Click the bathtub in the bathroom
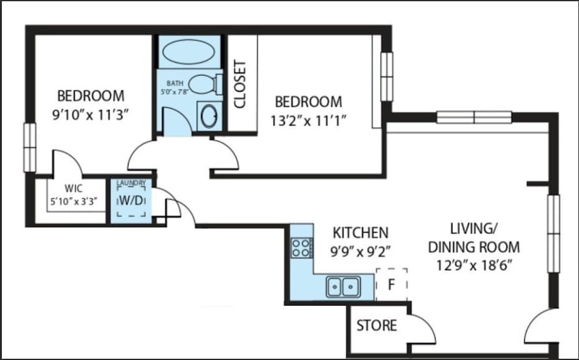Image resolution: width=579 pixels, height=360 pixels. tap(188, 52)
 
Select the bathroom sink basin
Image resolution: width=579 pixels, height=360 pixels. tap(210, 116)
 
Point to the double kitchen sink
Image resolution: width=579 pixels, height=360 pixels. tap(343, 286)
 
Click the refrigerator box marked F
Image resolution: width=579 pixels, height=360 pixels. tap(391, 285)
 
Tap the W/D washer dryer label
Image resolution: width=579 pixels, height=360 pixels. tap(131, 200)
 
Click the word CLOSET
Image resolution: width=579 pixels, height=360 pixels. tap(240, 84)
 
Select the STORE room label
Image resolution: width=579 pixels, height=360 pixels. tap(377, 325)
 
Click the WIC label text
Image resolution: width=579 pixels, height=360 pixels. tap(74, 188)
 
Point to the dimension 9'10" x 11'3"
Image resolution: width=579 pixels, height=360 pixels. tap(90, 115)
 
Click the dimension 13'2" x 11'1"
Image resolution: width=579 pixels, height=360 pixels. tap(308, 120)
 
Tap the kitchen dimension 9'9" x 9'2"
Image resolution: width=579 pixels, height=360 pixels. tap(361, 252)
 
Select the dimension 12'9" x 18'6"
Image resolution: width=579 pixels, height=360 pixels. tap(474, 265)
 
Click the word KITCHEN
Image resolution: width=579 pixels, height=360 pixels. tap(361, 233)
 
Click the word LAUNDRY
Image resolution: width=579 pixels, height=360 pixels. tap(131, 183)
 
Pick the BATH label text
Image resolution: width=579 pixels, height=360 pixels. tap(175, 84)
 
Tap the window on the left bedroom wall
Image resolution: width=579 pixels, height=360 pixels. tap(29, 147)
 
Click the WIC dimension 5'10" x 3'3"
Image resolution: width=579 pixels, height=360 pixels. tap(74, 202)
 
